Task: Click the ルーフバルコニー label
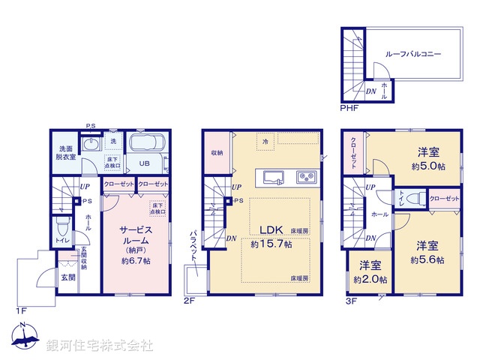pyautogui.click(x=412, y=55)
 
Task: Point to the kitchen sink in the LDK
pyautogui.click(x=271, y=178)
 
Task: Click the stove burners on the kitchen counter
pyautogui.click(x=305, y=178)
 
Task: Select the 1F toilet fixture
pyautogui.click(x=62, y=226)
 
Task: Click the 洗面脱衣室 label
pyautogui.click(x=63, y=152)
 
